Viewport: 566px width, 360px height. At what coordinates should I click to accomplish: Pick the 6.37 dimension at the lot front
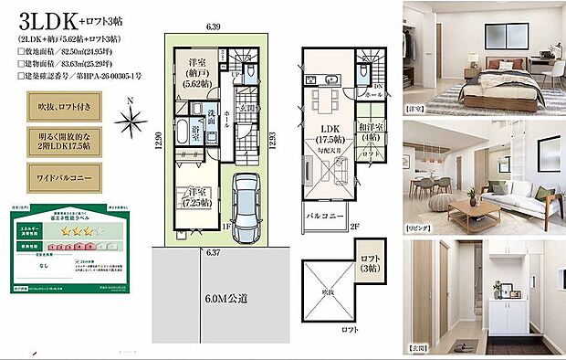click(215, 250)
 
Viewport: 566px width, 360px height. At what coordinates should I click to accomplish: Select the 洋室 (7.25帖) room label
click(194, 197)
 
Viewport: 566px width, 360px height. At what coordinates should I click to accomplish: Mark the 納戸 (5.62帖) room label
click(194, 71)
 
